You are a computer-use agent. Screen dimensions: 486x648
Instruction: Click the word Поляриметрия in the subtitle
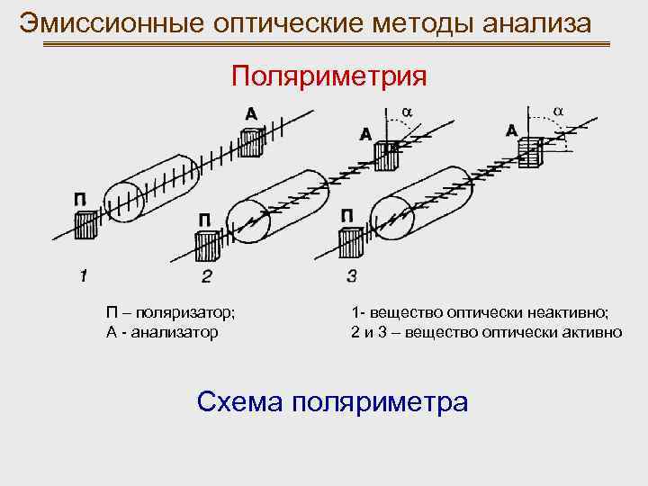click(328, 76)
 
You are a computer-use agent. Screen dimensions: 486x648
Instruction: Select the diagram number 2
click(206, 274)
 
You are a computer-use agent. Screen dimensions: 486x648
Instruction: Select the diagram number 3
click(351, 274)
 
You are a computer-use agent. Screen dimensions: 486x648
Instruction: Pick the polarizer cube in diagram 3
click(350, 241)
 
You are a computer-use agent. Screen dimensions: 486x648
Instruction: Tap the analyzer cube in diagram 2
click(388, 154)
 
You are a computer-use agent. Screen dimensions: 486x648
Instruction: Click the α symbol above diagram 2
click(406, 112)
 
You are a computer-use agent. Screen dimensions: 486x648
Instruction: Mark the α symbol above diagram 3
click(557, 110)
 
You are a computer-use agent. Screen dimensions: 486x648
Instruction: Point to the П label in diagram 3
click(347, 216)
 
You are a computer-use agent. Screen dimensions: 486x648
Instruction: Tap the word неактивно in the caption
click(566, 312)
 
